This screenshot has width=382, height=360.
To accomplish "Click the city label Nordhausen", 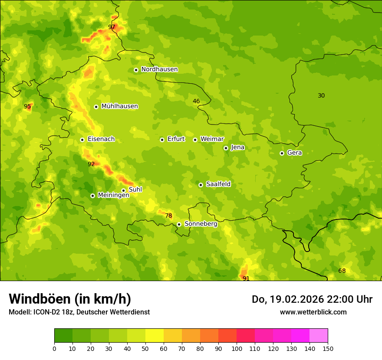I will tap(159, 69).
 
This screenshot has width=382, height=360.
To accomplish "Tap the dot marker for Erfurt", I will tap(162, 140).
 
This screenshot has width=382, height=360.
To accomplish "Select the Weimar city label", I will tap(212, 139).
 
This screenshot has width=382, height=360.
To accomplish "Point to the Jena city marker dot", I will tap(226, 148).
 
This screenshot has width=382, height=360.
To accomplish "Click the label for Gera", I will tap(294, 153).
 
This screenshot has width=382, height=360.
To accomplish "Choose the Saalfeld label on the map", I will tap(218, 184).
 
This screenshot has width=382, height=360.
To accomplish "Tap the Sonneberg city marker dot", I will tap(179, 224).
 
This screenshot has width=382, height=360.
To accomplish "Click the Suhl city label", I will tap(135, 190).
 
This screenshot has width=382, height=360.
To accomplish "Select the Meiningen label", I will tap(113, 195).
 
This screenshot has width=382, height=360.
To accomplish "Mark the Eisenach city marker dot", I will tap(82, 140).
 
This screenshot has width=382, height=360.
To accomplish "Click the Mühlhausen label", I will tap(119, 106).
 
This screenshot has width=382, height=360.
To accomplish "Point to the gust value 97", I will tap(112, 27).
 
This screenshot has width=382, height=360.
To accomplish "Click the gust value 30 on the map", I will tap(321, 95).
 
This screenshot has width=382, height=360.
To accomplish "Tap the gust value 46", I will tap(196, 101).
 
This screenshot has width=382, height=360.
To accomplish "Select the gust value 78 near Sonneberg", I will tap(168, 216).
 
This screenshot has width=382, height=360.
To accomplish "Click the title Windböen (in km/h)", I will tap(70, 299).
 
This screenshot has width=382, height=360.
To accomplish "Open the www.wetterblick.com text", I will tap(313, 312).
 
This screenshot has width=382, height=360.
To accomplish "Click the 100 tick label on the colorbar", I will tap(237, 348).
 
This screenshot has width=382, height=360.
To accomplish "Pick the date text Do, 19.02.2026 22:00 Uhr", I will tap(312, 299).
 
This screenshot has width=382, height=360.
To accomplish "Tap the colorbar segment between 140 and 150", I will tap(319, 336).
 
